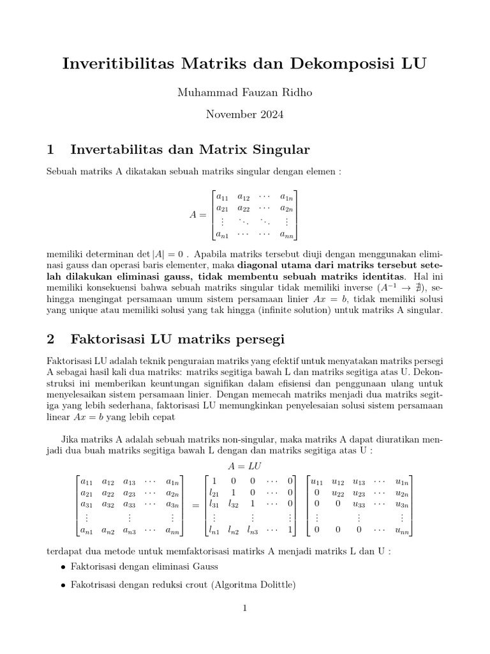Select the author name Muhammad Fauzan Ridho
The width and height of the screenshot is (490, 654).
(244, 93)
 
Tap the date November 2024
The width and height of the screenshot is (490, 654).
(244, 116)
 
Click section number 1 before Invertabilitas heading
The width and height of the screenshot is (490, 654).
(51, 150)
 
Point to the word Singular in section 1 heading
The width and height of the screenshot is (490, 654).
(282, 150)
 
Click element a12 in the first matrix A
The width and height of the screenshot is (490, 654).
(243, 197)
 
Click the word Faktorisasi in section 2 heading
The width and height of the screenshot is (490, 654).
(107, 338)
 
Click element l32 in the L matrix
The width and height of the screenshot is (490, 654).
(234, 505)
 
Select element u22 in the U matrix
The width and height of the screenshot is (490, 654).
(338, 492)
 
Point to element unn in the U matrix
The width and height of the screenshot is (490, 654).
(402, 529)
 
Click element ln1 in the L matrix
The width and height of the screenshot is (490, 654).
(214, 529)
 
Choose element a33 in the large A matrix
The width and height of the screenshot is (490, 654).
(130, 505)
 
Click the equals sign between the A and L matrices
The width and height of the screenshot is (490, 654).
(195, 505)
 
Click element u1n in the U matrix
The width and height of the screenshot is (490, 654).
(402, 480)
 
